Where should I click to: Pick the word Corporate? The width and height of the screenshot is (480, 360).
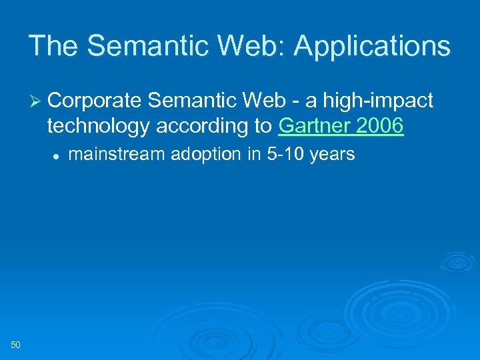click(95, 101)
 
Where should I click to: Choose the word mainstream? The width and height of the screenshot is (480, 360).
click(117, 155)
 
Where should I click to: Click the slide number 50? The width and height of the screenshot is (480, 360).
click(16, 344)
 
